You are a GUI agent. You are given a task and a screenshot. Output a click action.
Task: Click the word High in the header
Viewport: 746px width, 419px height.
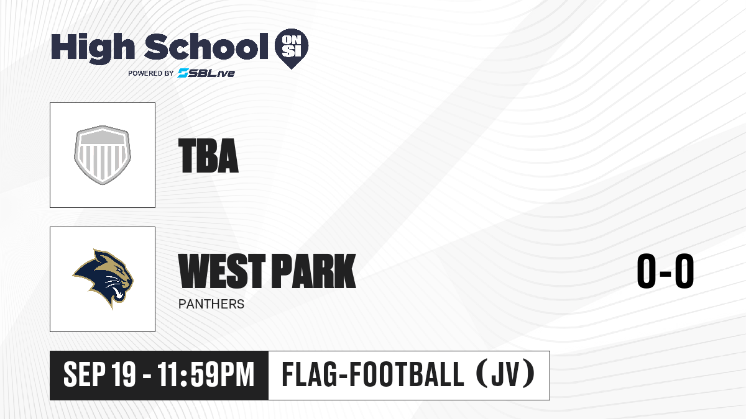tap(93, 48)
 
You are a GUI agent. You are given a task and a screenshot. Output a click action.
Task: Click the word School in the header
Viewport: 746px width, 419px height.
tap(206, 47)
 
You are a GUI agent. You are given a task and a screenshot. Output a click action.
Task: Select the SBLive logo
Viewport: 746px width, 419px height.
tap(206, 73)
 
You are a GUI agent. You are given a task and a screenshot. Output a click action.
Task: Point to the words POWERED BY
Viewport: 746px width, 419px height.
tap(151, 73)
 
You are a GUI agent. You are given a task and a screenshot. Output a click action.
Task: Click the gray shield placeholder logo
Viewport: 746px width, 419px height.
tap(103, 155)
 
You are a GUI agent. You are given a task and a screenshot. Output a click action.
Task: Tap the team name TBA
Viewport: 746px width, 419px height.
tap(208, 156)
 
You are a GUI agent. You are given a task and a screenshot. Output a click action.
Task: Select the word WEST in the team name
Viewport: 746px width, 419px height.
tap(222, 271)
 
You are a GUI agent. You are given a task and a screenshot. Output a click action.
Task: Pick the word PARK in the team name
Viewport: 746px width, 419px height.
tap(314, 271)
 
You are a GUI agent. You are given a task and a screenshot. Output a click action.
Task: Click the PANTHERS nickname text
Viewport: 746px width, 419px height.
tap(211, 304)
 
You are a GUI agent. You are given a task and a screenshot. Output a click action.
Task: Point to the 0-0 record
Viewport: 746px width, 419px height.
tap(665, 271)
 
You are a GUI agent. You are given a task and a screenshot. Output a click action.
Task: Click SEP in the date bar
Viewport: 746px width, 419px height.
tap(85, 374)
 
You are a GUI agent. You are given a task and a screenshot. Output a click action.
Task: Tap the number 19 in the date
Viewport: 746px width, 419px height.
tap(124, 374)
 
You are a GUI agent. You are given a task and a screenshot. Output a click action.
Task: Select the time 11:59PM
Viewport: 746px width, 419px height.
tap(206, 374)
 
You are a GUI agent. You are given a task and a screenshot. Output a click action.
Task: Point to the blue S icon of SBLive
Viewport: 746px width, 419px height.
tap(183, 73)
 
